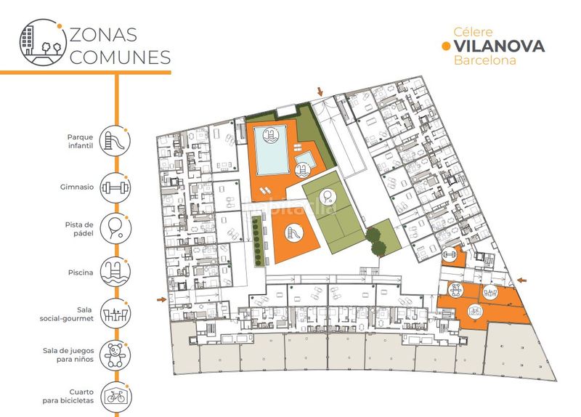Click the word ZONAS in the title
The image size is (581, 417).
[103, 34]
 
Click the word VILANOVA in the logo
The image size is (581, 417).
[500, 46]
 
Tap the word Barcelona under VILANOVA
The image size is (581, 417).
[485, 60]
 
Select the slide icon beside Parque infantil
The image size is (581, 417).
[115, 141]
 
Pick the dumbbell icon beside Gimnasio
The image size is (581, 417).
[115, 187]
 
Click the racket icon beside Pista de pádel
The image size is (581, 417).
[115, 229]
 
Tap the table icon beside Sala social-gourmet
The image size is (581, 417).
[115, 314]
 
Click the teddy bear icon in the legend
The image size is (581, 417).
[115, 355]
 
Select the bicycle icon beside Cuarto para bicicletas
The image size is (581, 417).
[116, 397]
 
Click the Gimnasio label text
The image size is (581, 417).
[77, 187]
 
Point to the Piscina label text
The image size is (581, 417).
[81, 272]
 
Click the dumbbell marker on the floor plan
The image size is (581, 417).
[450, 255]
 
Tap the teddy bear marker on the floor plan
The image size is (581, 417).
[455, 289]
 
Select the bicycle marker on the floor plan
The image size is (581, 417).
[474, 311]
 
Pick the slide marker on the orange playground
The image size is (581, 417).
[294, 233]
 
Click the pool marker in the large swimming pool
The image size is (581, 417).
[271, 134]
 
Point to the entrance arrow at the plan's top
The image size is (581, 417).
[320, 92]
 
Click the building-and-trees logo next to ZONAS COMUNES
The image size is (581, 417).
[43, 43]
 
